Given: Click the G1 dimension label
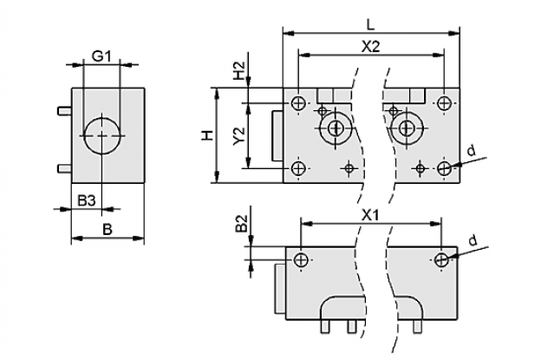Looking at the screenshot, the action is coord(101,56).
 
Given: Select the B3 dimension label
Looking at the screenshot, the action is coord(86,200).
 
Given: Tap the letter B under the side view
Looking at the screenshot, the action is coord(108,229).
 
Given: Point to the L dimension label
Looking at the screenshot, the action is coord(370,24).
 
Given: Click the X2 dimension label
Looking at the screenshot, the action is coord(370,46).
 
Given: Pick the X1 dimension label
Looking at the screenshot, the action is coord(370,216).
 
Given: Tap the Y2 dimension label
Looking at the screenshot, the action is coord(238,136).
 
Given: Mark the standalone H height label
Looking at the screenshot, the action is coord(207,135).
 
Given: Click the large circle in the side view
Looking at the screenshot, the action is coord(102,135).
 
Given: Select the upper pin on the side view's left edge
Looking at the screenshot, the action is coord(64,111).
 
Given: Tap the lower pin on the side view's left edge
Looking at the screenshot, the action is coord(64,168).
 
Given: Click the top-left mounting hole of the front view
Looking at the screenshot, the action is coord(297,103).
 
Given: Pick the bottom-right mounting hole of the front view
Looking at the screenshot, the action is coord(444,168).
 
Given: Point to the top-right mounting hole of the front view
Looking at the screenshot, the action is coord(444,103).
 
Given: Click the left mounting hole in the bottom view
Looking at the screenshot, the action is coord(301,260).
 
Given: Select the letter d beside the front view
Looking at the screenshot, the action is coord(471,151).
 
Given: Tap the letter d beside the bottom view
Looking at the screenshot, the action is coord(473,239).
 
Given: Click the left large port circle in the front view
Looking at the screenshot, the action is coord(336,128).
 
